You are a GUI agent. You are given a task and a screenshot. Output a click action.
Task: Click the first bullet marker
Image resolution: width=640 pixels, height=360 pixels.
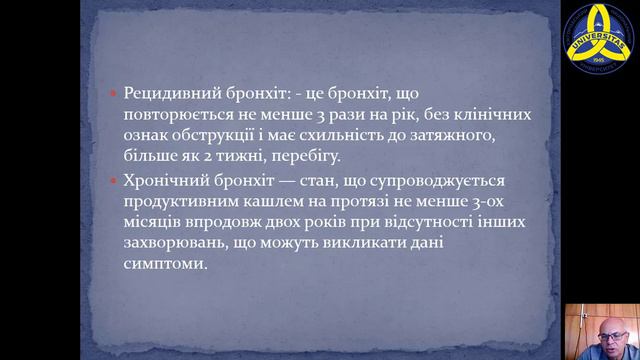point(114,93)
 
